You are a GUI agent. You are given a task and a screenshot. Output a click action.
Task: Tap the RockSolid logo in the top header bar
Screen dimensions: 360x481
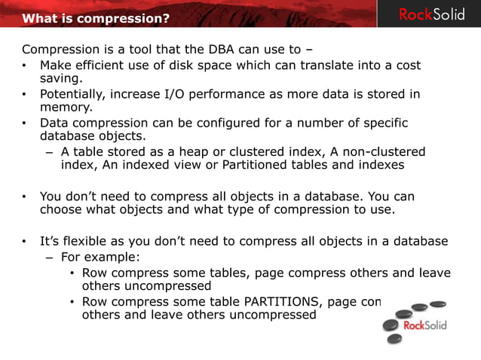432,14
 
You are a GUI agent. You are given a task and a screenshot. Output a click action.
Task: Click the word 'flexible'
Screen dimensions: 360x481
90,242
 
